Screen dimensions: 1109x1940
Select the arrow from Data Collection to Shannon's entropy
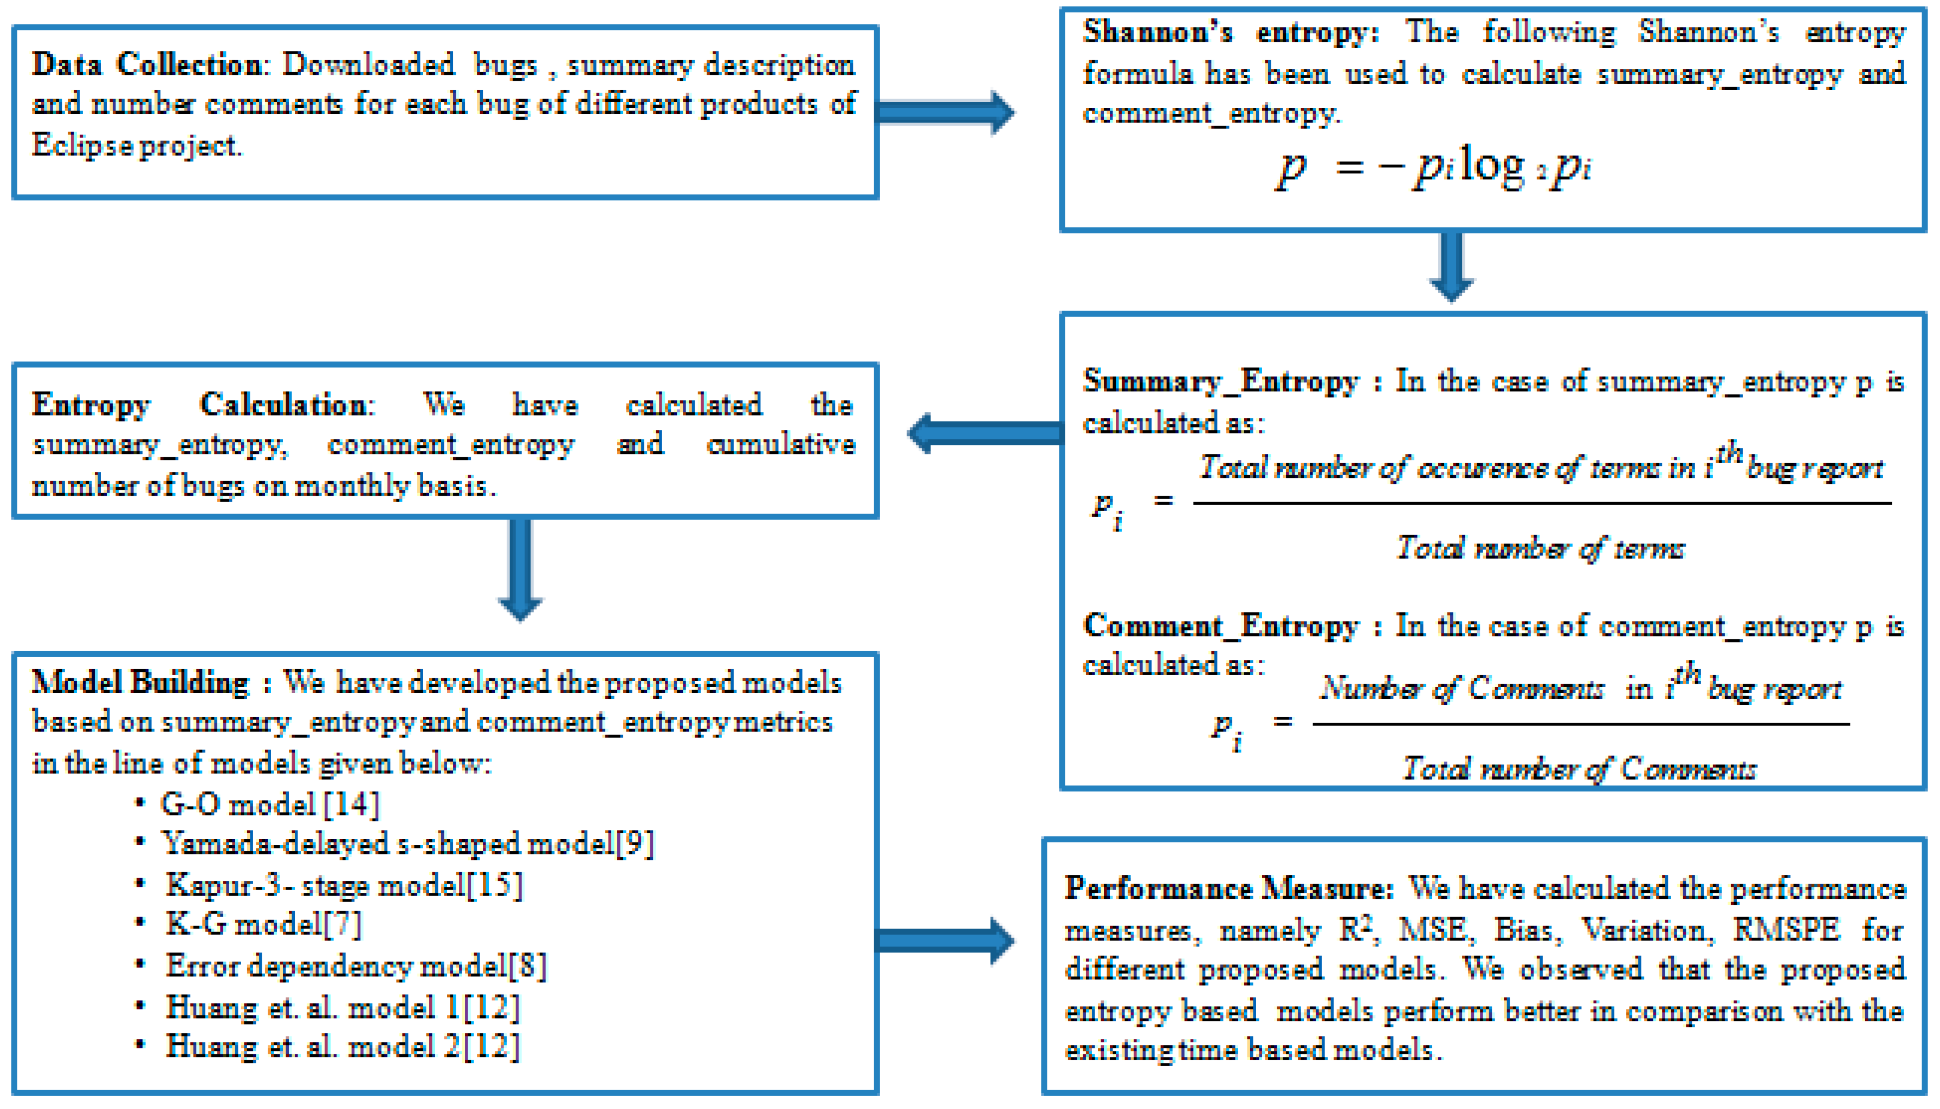click(x=945, y=113)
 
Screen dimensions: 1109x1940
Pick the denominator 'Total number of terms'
click(x=1540, y=548)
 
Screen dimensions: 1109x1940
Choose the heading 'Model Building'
click(x=140, y=683)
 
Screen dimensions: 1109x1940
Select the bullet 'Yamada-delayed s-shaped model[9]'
click(x=407, y=843)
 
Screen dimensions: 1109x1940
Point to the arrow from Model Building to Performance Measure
click(x=945, y=941)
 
